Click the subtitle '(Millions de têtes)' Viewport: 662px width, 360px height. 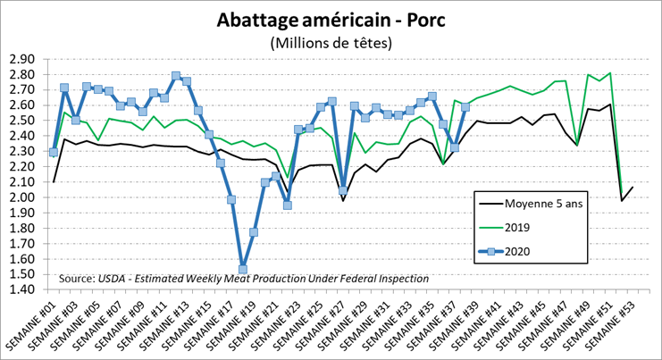[331, 42]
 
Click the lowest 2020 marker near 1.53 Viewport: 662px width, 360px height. [242, 269]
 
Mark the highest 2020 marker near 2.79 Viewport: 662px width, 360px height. [176, 76]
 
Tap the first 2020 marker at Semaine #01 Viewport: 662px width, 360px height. [54, 152]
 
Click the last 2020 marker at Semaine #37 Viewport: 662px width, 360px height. [465, 107]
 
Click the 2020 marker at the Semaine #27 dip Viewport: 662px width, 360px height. [344, 190]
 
